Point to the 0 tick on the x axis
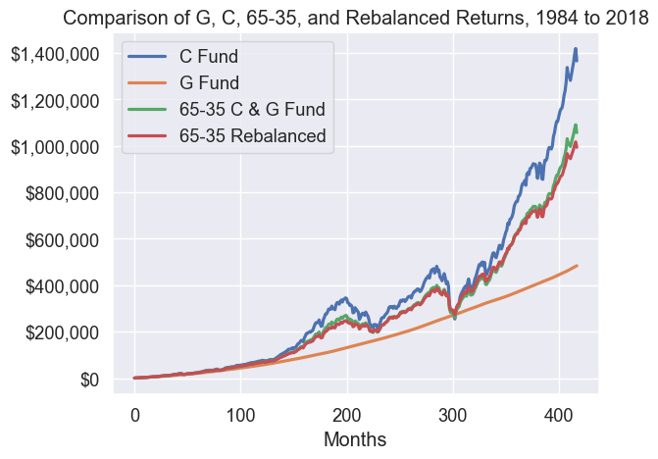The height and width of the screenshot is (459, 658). [x=135, y=411]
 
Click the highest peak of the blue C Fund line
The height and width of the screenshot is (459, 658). [x=576, y=49]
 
